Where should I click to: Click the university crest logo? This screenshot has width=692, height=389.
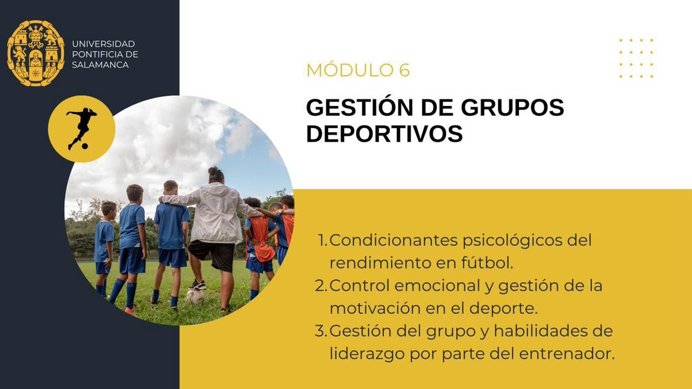[x=36, y=53]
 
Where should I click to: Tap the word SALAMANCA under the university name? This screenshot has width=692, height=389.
[x=100, y=65]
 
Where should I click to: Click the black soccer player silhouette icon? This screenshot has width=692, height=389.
[x=81, y=129]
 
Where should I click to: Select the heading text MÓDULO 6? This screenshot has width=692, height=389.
[x=358, y=70]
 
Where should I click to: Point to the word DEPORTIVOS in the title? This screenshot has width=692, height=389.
[x=384, y=134]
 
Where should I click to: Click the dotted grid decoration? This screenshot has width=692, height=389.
[x=636, y=58]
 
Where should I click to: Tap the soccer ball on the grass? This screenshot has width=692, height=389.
[x=195, y=297]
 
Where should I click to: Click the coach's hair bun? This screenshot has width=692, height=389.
[x=215, y=172]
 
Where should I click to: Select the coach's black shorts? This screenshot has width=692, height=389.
[x=212, y=254]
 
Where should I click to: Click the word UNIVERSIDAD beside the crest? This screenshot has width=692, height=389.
[x=103, y=44]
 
